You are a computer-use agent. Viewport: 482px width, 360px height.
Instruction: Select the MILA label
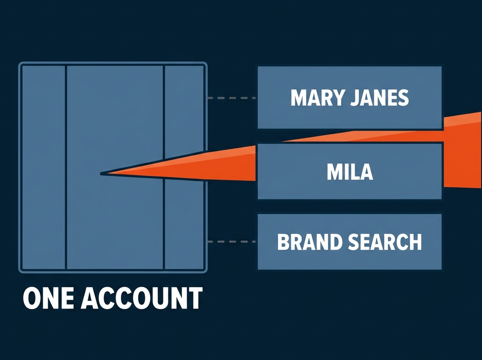click(x=350, y=172)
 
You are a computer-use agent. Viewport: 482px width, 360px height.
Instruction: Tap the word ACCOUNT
click(x=142, y=298)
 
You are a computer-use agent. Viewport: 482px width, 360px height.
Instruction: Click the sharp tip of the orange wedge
click(x=101, y=174)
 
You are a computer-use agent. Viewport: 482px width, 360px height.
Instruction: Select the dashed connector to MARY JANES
click(x=232, y=98)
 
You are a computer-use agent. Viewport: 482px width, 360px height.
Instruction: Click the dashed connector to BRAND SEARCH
click(x=232, y=242)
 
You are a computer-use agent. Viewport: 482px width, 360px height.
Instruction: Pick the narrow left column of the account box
click(x=44, y=167)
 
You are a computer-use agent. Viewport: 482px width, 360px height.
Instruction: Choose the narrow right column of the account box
click(x=184, y=167)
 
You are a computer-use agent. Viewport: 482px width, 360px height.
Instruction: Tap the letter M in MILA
click(x=334, y=172)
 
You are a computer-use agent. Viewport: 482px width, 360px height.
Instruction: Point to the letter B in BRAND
click(x=283, y=242)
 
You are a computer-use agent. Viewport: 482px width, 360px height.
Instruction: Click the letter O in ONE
click(x=31, y=298)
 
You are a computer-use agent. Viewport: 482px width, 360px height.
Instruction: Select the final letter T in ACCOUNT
click(x=195, y=298)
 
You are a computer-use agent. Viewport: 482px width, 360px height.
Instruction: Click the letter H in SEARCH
click(x=415, y=242)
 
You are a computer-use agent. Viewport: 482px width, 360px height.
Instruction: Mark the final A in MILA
click(x=366, y=172)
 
